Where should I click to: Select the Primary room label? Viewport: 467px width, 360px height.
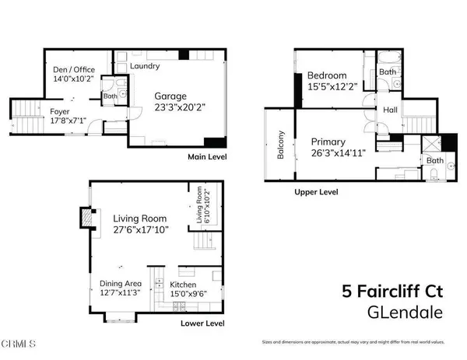pyautogui.click(x=328, y=142)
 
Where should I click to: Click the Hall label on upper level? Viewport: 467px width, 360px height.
pyautogui.click(x=390, y=110)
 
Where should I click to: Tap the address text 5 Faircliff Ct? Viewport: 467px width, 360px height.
pyautogui.click(x=395, y=292)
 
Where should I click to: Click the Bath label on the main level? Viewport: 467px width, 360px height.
pyautogui.click(x=111, y=97)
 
